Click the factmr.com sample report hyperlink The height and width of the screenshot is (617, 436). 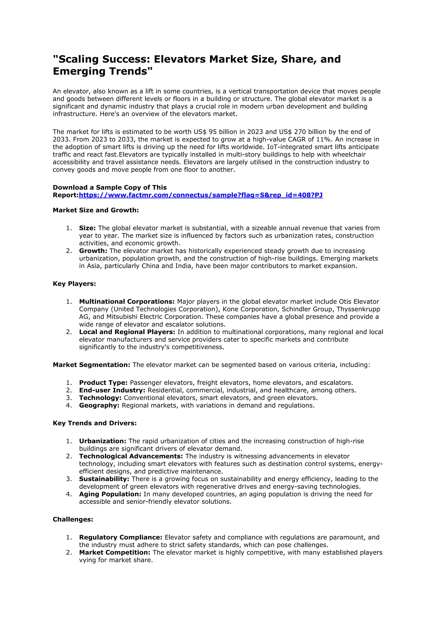point(201,195)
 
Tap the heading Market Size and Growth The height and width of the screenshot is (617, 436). point(96,210)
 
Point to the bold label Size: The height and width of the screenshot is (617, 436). point(87,228)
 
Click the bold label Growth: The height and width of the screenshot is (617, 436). point(93,251)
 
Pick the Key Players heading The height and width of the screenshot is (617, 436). point(74,284)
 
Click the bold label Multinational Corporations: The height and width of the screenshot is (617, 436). point(127,302)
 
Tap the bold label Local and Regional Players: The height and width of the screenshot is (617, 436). point(127,332)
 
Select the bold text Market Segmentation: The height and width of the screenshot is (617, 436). point(91,365)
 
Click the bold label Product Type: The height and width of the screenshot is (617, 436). point(103,383)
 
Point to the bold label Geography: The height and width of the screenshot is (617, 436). point(99,405)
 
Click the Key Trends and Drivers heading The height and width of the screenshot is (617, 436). point(95,423)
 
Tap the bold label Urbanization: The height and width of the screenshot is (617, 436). point(103,441)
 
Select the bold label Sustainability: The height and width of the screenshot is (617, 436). point(104,479)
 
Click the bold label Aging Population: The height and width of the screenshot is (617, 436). point(110,494)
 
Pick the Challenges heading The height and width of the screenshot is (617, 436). point(73,519)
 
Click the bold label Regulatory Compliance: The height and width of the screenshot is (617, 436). point(120,538)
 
